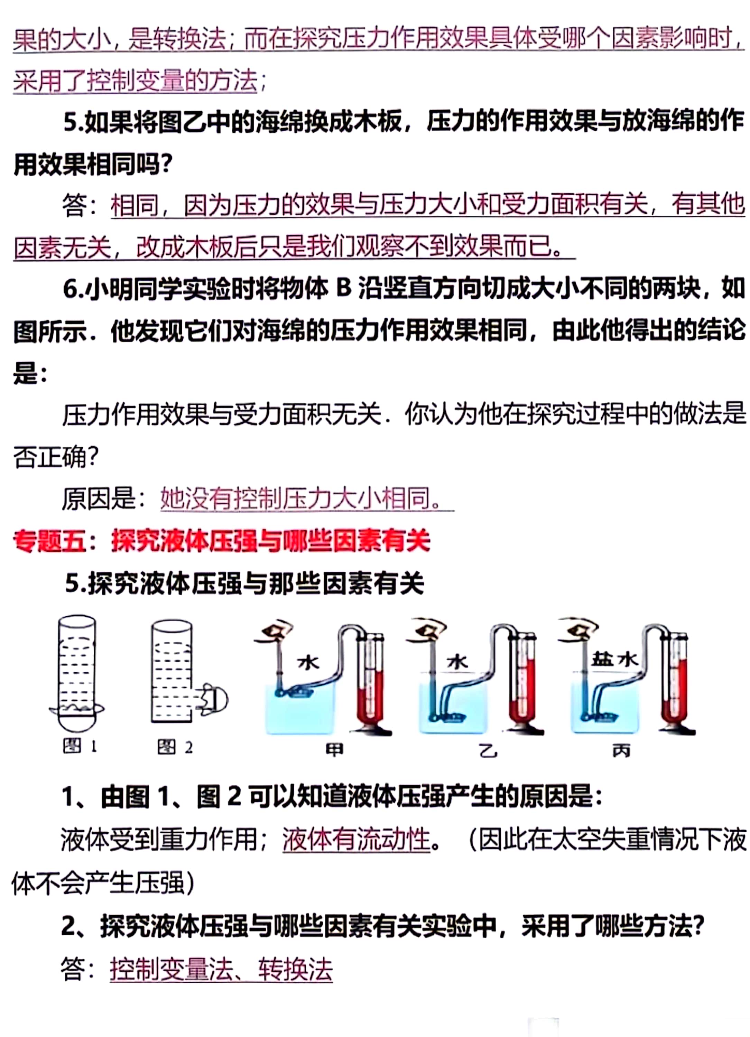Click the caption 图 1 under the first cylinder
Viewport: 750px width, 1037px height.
80,747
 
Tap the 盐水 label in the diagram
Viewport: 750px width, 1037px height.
614,659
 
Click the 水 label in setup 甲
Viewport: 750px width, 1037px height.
308,662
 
